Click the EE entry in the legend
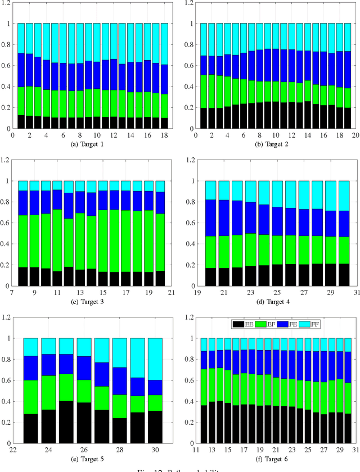[x=241, y=324]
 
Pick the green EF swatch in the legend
[x=259, y=324]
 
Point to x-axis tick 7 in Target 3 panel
[x=13, y=293]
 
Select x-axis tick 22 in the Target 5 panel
[x=13, y=450]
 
